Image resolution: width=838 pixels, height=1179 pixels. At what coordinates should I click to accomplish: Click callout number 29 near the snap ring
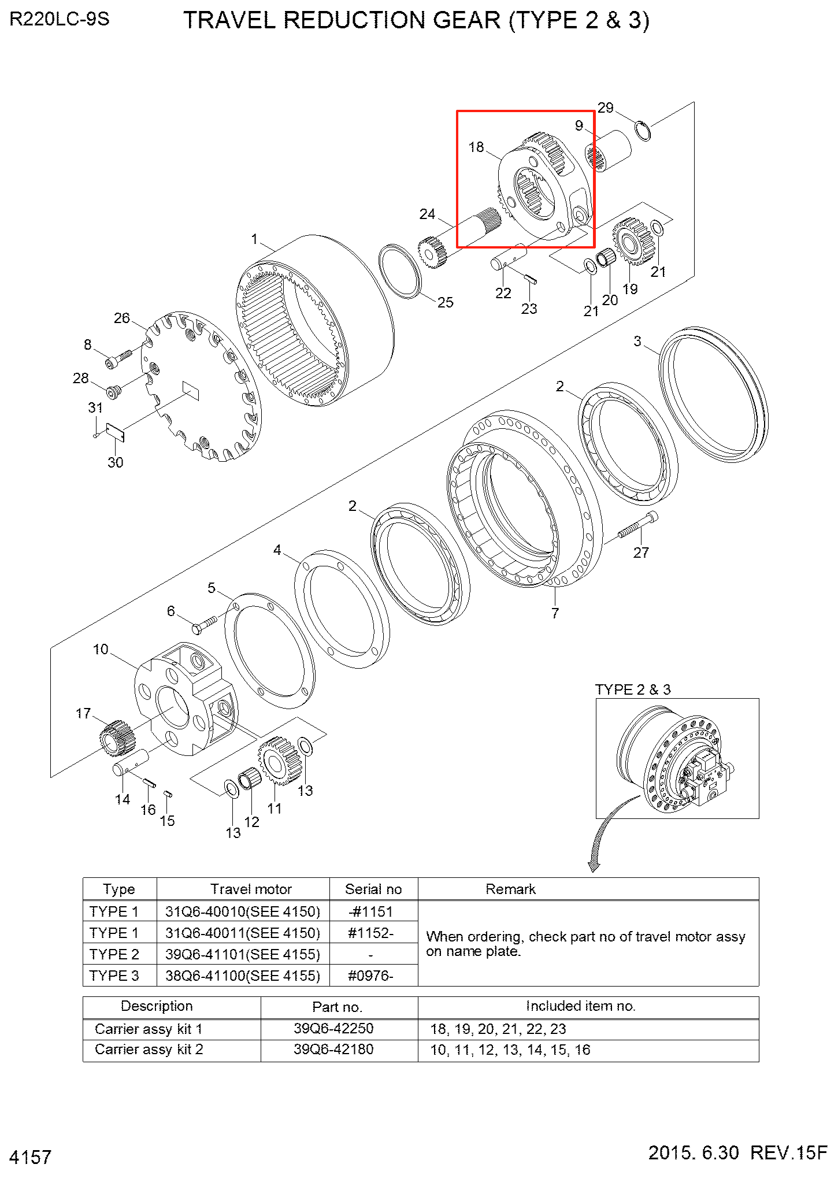point(605,108)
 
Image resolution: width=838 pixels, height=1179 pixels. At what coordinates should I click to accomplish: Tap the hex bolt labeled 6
point(204,624)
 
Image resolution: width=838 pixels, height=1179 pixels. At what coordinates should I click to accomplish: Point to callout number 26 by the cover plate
point(122,318)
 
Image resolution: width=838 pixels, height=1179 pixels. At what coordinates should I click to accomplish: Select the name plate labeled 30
point(115,432)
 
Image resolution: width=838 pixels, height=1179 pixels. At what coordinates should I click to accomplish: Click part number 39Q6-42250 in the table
point(333,1028)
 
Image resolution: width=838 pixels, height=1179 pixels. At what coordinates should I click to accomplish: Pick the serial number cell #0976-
point(370,976)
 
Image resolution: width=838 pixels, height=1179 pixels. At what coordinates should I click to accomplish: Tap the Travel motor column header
point(251,889)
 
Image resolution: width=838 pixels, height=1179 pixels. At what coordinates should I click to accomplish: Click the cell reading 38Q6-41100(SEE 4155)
point(243,976)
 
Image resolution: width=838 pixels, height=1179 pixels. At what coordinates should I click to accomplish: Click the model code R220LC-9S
point(60,20)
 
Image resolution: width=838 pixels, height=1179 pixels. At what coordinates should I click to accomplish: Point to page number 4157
point(31,1157)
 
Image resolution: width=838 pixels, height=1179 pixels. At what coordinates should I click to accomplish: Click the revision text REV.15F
point(788,1152)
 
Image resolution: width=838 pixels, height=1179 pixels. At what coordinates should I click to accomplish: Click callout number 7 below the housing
point(555,613)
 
